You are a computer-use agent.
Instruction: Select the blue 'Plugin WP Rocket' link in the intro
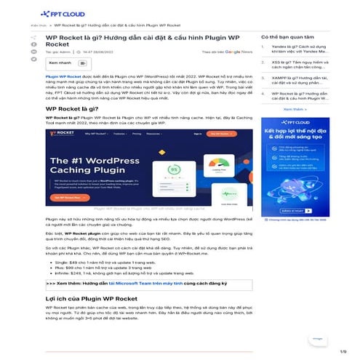[60, 75]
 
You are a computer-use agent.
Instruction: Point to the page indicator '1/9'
[343, 352]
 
